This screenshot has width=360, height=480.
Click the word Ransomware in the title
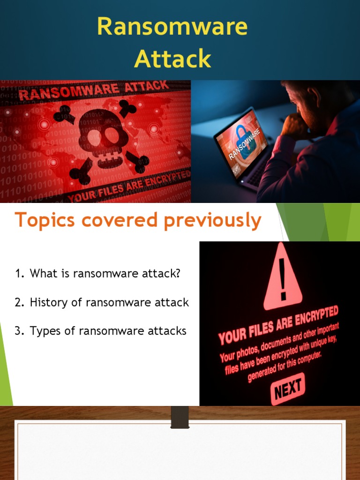pos(172,27)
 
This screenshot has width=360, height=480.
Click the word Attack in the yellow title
pos(172,59)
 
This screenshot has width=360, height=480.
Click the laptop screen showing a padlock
pos(241,140)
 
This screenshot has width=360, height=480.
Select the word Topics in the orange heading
pos(45,220)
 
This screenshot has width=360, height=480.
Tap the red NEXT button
pos(287,389)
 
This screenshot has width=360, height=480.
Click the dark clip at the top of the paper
pos(180,417)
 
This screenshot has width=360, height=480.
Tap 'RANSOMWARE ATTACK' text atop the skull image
pos(93,90)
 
